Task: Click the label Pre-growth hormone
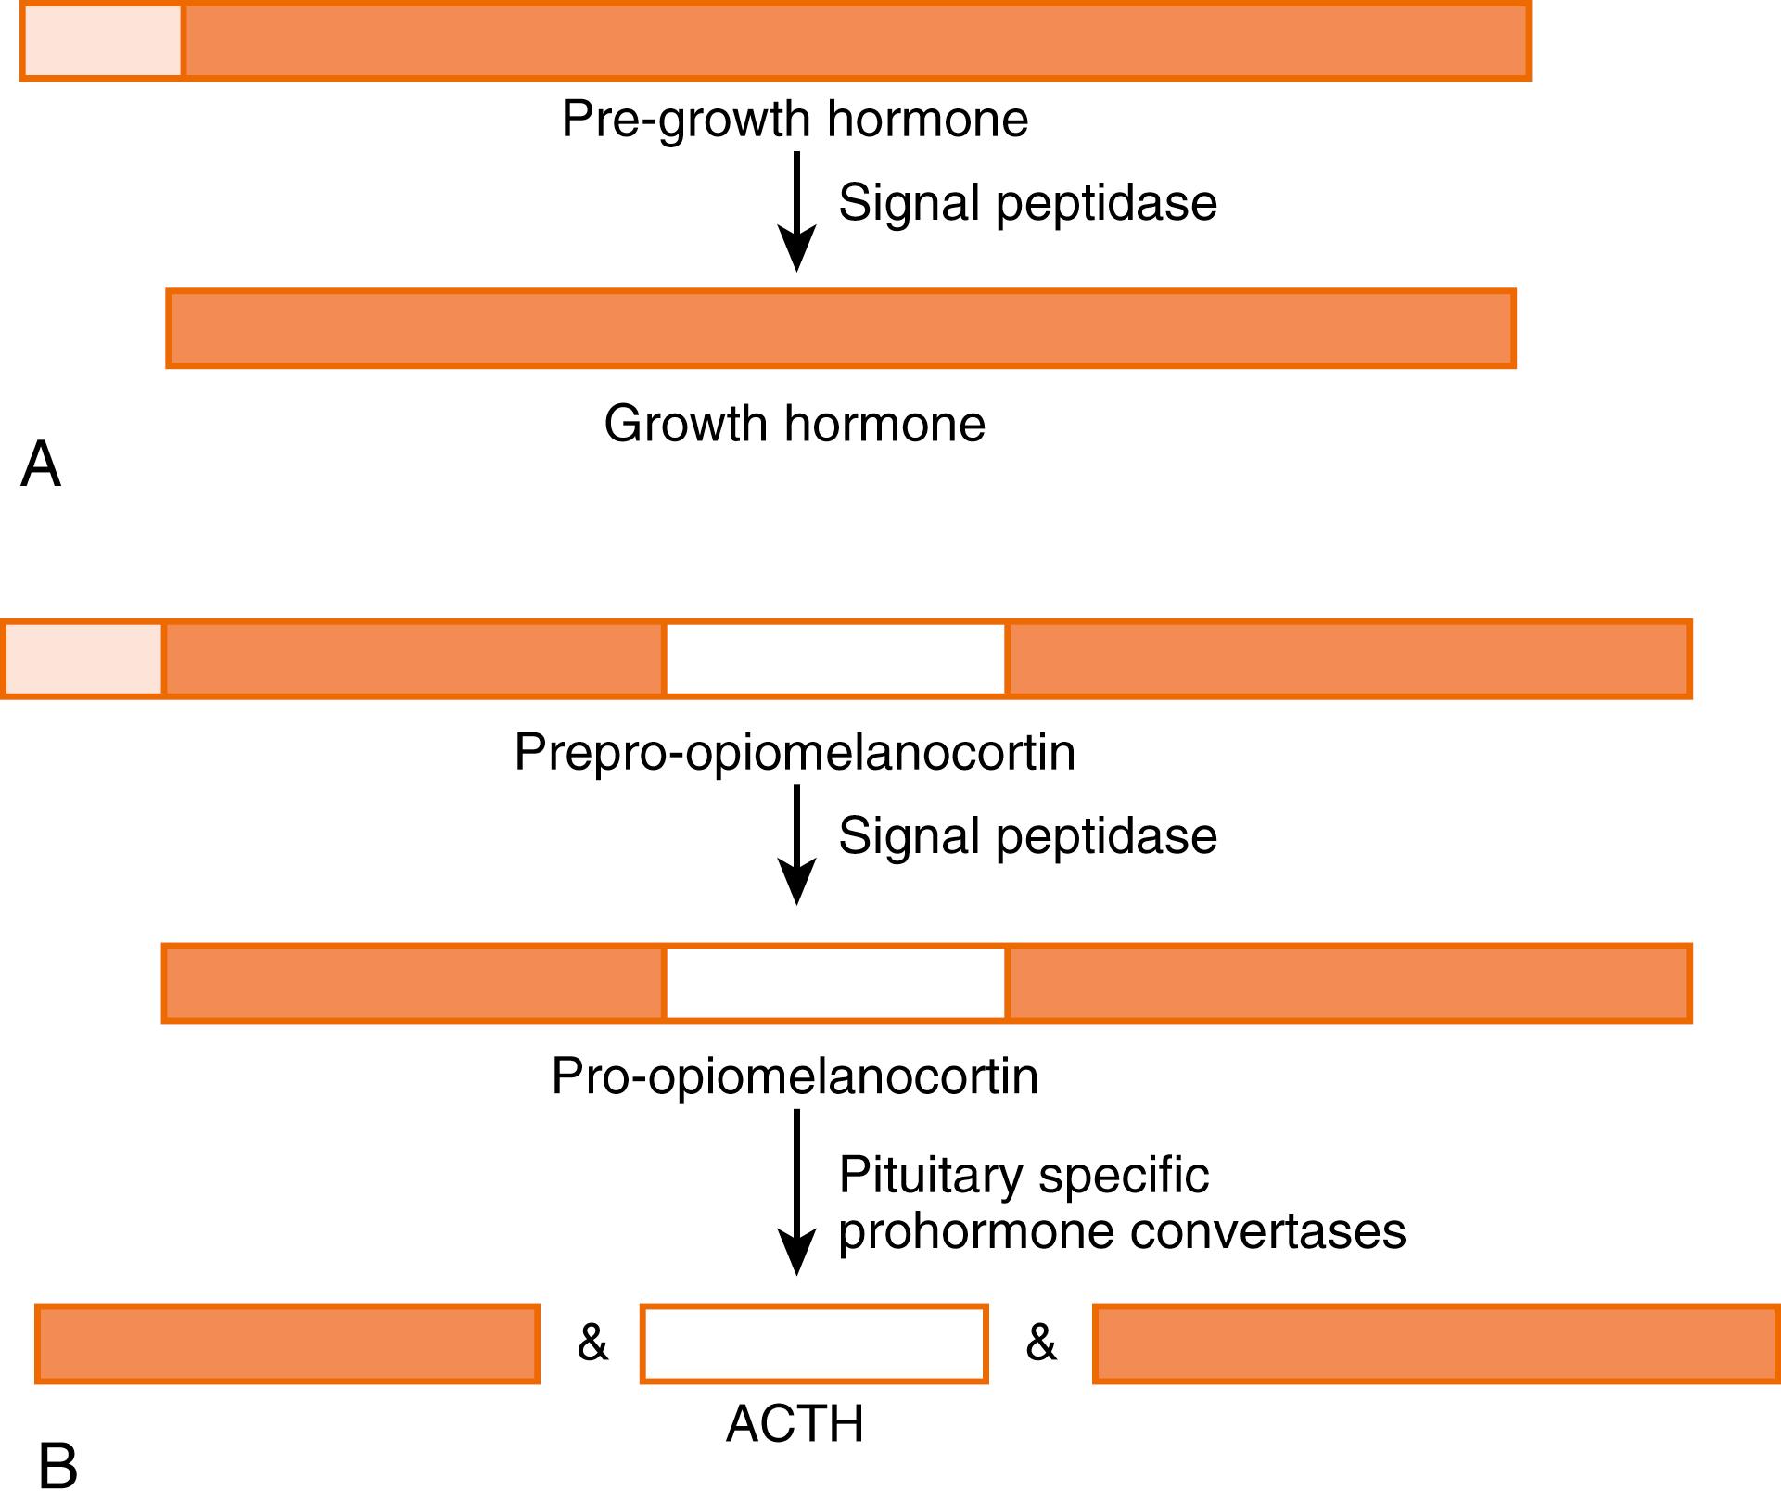coord(795,120)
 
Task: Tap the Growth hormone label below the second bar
coord(795,424)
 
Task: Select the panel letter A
coord(41,464)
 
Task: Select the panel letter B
coord(57,1467)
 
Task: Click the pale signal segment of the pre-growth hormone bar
coord(103,42)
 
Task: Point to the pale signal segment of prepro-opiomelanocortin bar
coord(83,659)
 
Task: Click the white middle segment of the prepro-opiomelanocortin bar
coord(835,659)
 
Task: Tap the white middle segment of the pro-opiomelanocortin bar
coord(835,984)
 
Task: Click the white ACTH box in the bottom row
coord(814,1344)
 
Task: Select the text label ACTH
coord(795,1424)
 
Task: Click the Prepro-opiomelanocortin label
coord(795,752)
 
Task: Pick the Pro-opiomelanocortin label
coord(795,1076)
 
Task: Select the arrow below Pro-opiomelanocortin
coord(796,1191)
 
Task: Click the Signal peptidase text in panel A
coord(1027,203)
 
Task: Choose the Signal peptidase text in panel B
coord(1027,836)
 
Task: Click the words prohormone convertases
coord(1122,1232)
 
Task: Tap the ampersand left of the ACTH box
coord(592,1343)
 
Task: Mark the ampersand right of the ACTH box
coord(1041,1343)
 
